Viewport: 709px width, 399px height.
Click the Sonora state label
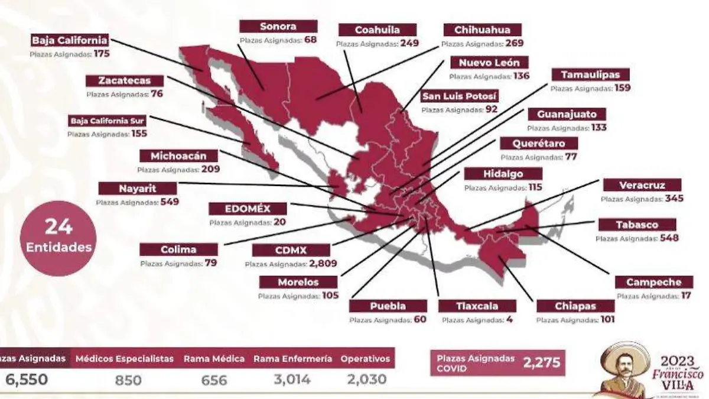[x=278, y=26]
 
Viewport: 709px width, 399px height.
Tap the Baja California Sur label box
[x=107, y=121]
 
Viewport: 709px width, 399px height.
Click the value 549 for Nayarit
[x=169, y=202]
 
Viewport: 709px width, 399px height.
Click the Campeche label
[x=653, y=283]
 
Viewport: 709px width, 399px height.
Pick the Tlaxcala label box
[x=477, y=306]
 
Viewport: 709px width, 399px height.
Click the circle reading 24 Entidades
[x=58, y=238]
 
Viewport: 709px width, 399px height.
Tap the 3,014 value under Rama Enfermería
[x=292, y=379]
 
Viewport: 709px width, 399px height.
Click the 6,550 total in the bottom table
[x=27, y=379]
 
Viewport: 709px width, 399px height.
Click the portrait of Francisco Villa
[x=625, y=370]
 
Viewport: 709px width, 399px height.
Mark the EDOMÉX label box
[x=248, y=209]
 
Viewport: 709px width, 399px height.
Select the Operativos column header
[x=365, y=358]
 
